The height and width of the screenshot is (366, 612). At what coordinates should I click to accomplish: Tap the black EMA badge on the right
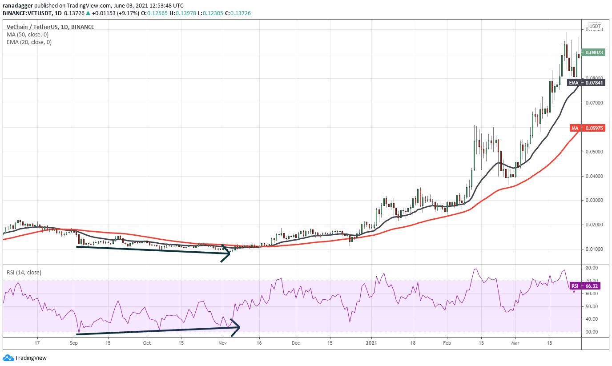[x=586, y=82]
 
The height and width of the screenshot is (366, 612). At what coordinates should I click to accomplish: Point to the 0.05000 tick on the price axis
[x=594, y=152]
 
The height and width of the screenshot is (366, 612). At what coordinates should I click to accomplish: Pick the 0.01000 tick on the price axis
[x=594, y=249]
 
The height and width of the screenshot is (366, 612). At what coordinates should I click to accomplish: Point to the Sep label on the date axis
[x=74, y=343]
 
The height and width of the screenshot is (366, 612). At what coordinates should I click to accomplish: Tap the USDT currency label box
[x=595, y=26]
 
